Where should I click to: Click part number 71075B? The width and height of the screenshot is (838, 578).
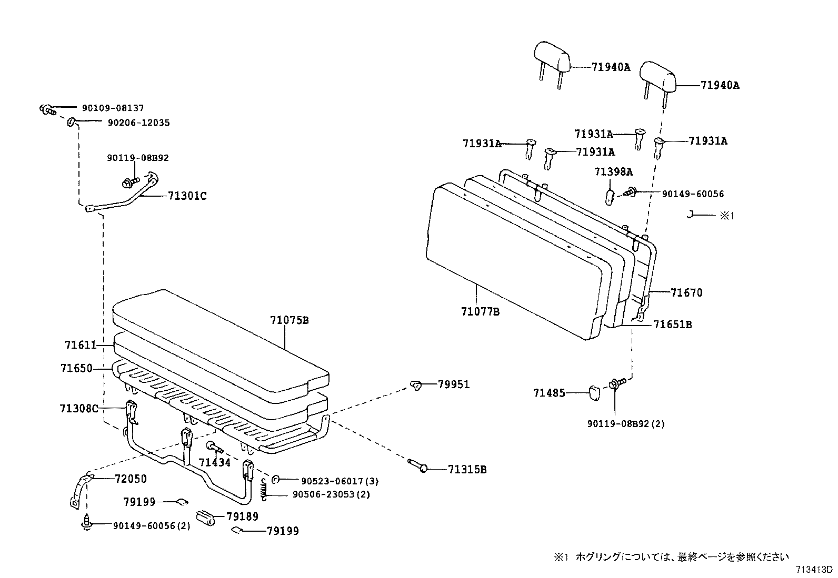click(289, 320)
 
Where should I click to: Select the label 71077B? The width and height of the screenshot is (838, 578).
click(480, 311)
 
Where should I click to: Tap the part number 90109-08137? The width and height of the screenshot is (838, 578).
click(113, 108)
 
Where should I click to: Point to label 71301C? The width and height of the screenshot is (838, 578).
click(187, 196)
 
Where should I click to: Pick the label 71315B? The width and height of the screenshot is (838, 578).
click(467, 469)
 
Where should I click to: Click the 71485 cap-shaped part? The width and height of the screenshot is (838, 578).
click(595, 392)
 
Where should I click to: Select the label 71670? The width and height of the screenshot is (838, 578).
click(686, 293)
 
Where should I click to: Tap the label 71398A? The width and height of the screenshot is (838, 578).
click(613, 172)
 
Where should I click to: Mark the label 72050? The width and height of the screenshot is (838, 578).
click(131, 479)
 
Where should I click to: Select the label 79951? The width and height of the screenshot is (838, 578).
click(454, 384)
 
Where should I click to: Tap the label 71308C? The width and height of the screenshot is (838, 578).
click(79, 409)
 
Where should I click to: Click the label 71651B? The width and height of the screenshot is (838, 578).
click(672, 325)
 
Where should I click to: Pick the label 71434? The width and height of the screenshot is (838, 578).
click(214, 462)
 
